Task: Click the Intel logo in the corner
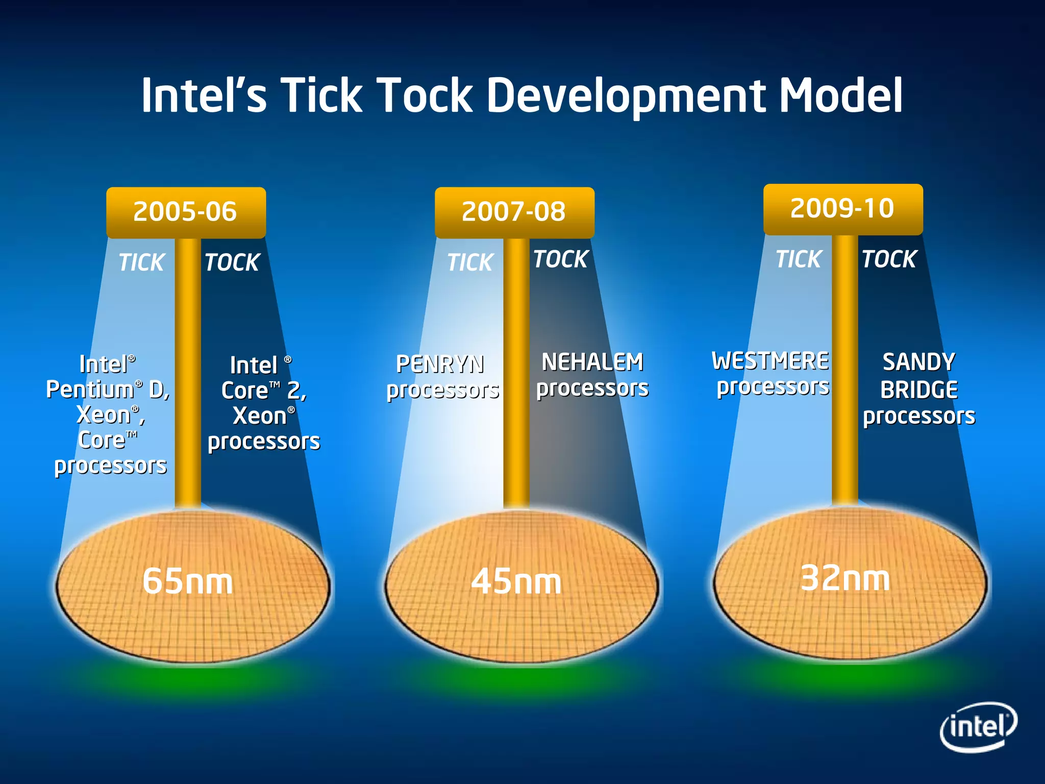click(x=978, y=726)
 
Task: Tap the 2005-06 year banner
click(x=186, y=212)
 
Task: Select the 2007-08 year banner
click(x=514, y=212)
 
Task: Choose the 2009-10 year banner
click(x=842, y=209)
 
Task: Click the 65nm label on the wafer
click(x=187, y=581)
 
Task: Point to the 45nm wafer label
click(x=516, y=581)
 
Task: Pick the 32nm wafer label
click(x=845, y=578)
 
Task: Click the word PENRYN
click(x=440, y=364)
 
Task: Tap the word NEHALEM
click(x=592, y=362)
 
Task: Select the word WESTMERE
click(x=770, y=361)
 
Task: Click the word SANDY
click(x=918, y=362)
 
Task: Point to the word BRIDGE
click(x=919, y=390)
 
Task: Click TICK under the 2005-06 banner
click(x=141, y=263)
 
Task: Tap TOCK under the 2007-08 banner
click(x=561, y=259)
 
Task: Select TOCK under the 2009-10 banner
click(x=889, y=259)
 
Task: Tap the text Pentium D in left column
click(x=107, y=390)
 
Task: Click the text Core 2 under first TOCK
click(x=264, y=391)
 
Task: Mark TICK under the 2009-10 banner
click(x=799, y=259)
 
